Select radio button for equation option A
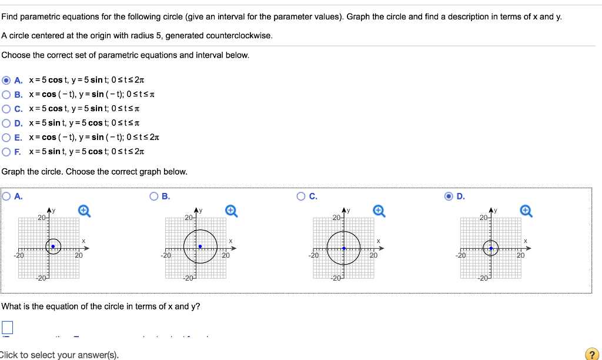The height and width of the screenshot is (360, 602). (x=6, y=80)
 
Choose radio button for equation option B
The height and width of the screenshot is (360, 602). (x=6, y=94)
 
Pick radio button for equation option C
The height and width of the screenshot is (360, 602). (x=6, y=108)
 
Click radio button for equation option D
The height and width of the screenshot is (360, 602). (x=6, y=123)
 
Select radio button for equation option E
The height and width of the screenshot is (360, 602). (x=6, y=137)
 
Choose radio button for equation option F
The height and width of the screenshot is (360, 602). (x=6, y=151)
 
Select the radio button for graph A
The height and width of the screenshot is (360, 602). (x=6, y=196)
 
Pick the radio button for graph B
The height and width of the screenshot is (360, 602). (x=155, y=196)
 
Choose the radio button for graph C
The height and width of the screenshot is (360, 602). (x=302, y=196)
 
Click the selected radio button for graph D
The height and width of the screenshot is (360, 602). (x=449, y=196)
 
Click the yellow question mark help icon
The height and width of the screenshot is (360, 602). (x=591, y=354)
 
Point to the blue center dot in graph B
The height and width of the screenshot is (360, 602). (x=200, y=246)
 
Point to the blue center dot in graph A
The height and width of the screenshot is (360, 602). (x=53, y=246)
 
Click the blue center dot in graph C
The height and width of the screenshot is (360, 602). (x=344, y=248)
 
